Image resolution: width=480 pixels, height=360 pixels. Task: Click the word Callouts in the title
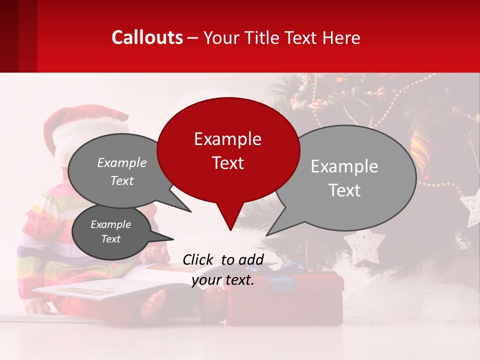coord(147,37)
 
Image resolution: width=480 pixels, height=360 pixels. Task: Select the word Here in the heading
coord(342,37)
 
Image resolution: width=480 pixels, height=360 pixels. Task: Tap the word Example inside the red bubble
coord(227,139)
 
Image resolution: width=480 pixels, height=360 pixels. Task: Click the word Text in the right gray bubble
coord(344,190)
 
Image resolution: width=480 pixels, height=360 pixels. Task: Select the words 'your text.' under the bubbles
coord(223,280)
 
